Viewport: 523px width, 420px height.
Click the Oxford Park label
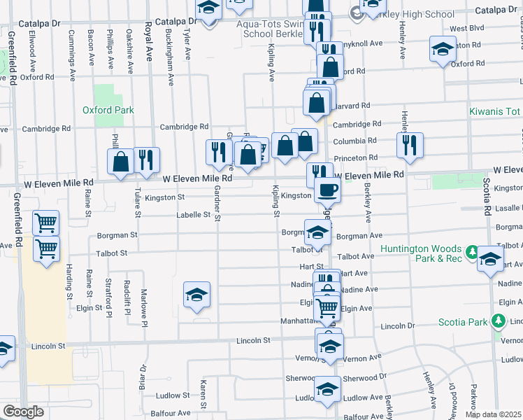point(108,110)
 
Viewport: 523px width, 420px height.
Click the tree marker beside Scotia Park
point(498,321)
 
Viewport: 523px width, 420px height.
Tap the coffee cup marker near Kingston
point(328,189)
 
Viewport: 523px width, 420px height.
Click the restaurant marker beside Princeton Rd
point(408,145)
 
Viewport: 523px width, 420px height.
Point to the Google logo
point(23,411)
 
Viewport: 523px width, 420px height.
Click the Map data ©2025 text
point(493,414)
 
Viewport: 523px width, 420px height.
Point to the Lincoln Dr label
point(398,326)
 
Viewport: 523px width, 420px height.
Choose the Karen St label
point(203,395)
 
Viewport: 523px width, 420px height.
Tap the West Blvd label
point(467,29)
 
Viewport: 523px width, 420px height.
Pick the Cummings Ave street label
point(72,47)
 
